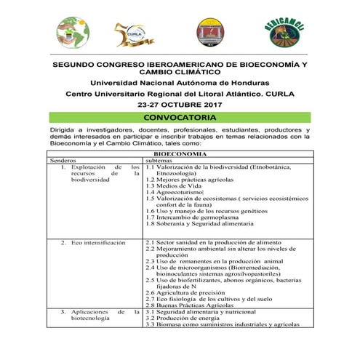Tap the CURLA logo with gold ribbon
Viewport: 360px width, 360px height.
point(135,32)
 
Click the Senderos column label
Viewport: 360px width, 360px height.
point(64,161)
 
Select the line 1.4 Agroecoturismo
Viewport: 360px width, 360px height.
point(174,191)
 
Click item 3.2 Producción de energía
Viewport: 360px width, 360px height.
point(185,318)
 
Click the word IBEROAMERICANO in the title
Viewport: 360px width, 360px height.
point(168,65)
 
